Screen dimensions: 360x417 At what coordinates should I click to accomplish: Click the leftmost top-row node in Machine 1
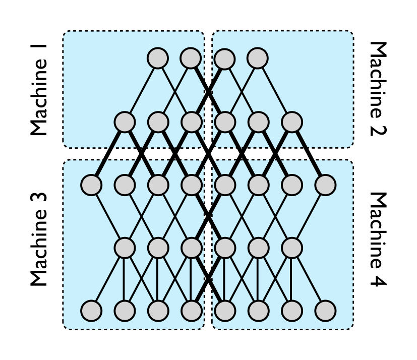[157, 58]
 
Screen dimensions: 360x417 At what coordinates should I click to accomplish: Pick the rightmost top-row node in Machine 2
[257, 58]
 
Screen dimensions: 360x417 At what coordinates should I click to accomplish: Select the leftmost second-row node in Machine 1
[125, 122]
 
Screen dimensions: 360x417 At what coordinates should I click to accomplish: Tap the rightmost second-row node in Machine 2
[292, 122]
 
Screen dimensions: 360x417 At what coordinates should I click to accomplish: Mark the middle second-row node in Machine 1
[158, 122]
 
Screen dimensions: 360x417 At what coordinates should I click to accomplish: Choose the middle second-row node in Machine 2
[259, 122]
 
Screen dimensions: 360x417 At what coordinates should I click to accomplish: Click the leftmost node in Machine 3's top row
[91, 185]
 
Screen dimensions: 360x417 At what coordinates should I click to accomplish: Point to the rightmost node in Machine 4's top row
[325, 185]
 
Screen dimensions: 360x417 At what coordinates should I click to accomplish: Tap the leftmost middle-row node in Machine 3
[125, 248]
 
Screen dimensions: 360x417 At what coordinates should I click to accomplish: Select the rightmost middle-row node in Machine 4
[292, 248]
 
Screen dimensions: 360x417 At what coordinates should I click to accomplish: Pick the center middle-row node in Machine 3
[158, 248]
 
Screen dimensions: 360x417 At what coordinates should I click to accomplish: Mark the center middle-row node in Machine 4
[259, 248]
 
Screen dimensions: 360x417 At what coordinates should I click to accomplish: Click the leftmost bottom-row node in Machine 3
[91, 311]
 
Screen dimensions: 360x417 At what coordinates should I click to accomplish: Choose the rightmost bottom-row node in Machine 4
[325, 311]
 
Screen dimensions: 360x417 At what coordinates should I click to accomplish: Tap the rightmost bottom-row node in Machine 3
[191, 311]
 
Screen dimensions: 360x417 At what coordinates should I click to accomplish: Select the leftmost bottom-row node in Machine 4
[225, 311]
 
